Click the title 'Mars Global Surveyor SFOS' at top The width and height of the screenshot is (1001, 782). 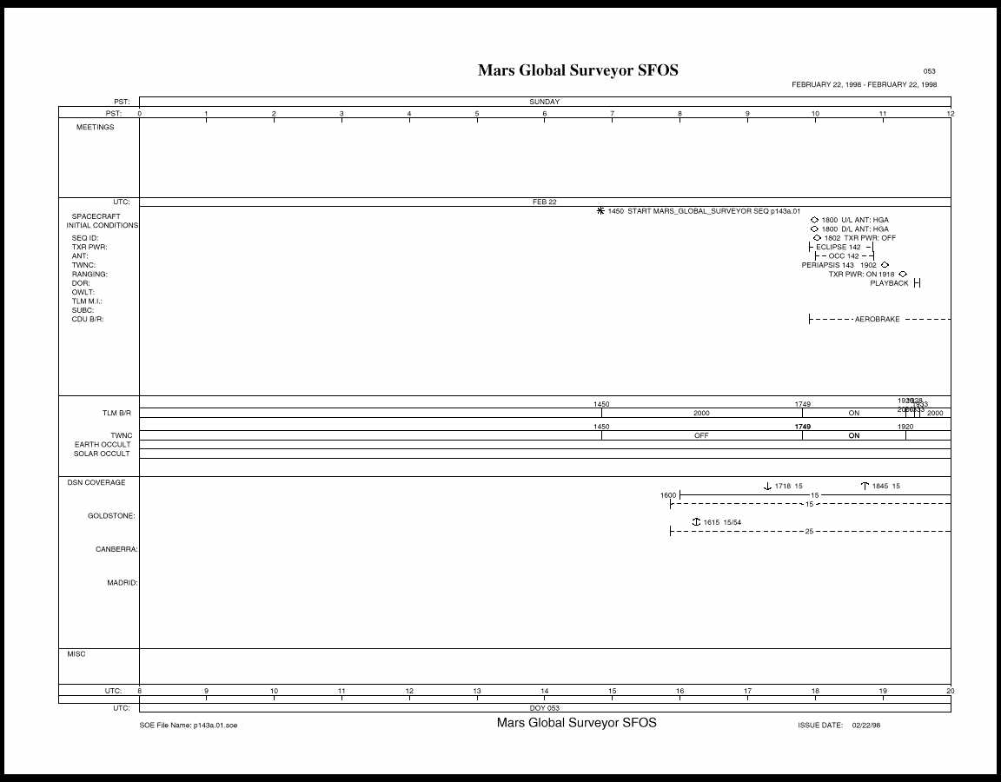coord(578,70)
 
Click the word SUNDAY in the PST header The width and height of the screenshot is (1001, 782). coord(545,102)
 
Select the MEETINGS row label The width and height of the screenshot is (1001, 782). coord(96,128)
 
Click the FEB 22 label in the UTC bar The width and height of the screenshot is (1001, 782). coord(545,202)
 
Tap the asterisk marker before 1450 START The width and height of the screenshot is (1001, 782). coord(600,211)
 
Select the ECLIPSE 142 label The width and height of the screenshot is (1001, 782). coord(838,248)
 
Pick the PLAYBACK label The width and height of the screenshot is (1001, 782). coord(889,283)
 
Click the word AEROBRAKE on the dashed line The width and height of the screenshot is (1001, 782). coord(877,320)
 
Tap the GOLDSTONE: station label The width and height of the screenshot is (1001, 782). coord(111,516)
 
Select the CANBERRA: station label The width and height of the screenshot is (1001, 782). coord(116,549)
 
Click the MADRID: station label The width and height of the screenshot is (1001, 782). coord(123,583)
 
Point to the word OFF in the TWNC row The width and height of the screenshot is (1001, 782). coord(701,435)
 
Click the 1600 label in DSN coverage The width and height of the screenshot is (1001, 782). coord(667,494)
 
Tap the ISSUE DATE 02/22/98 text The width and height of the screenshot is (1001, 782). coord(839,725)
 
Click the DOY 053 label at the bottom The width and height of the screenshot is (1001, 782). coord(545,708)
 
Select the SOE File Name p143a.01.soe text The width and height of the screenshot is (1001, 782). coord(189,725)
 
